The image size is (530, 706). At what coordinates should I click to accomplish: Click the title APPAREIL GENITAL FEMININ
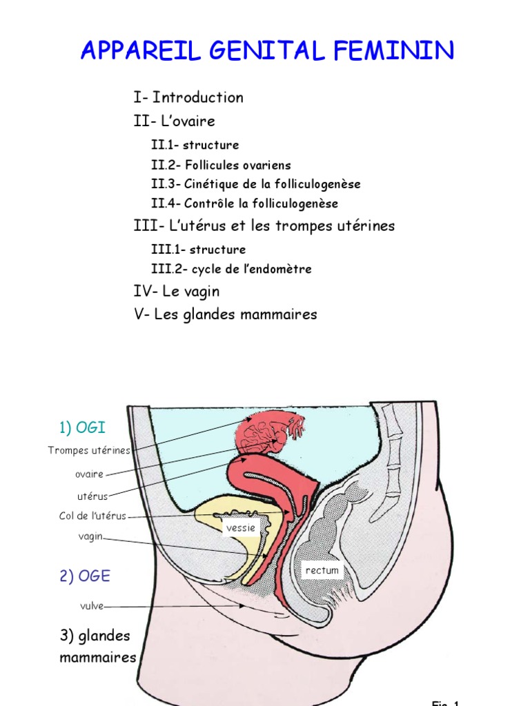tap(267, 50)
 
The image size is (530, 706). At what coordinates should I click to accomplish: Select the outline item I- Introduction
tap(188, 98)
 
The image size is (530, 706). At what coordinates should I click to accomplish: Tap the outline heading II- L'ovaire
tap(175, 121)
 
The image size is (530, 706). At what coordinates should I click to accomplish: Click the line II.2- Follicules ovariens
tap(221, 165)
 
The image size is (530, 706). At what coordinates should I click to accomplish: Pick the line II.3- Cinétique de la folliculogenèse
tap(255, 185)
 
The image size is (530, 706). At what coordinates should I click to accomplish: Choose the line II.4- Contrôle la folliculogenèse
tap(244, 204)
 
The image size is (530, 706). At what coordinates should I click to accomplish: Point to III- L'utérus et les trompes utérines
tap(264, 226)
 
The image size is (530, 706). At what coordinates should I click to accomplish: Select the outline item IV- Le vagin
tap(177, 292)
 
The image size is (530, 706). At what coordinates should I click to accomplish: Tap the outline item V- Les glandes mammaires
tap(226, 314)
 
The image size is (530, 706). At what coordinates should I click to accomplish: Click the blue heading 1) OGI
tap(82, 428)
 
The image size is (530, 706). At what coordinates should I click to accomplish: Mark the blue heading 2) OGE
tap(84, 576)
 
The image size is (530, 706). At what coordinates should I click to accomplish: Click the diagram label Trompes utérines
tap(89, 451)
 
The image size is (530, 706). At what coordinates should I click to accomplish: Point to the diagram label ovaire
tap(90, 474)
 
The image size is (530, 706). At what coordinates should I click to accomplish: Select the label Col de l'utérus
tap(93, 516)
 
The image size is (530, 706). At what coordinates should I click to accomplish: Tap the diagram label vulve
tap(91, 606)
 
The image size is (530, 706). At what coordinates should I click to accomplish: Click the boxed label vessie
tap(241, 528)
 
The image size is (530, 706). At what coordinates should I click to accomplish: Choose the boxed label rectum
tap(322, 571)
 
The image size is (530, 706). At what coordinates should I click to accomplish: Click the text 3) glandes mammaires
tap(97, 646)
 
